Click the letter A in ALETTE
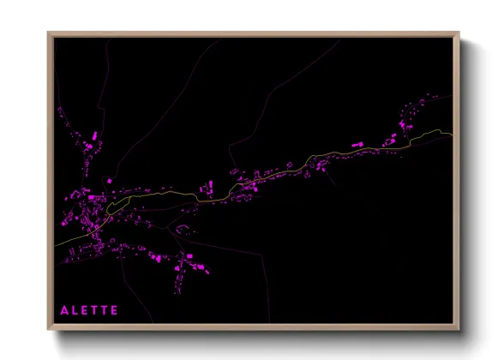tap(64, 309)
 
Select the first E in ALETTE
tap(86, 309)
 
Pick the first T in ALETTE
tap(95, 309)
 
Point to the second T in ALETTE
tap(105, 309)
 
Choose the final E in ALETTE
tap(115, 309)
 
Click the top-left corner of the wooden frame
tap(49, 33)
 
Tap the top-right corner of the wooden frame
tap(459, 33)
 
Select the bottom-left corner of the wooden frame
tap(49, 330)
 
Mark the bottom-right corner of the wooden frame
tap(459, 330)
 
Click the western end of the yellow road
tap(56, 245)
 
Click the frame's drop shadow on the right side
tap(464, 189)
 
